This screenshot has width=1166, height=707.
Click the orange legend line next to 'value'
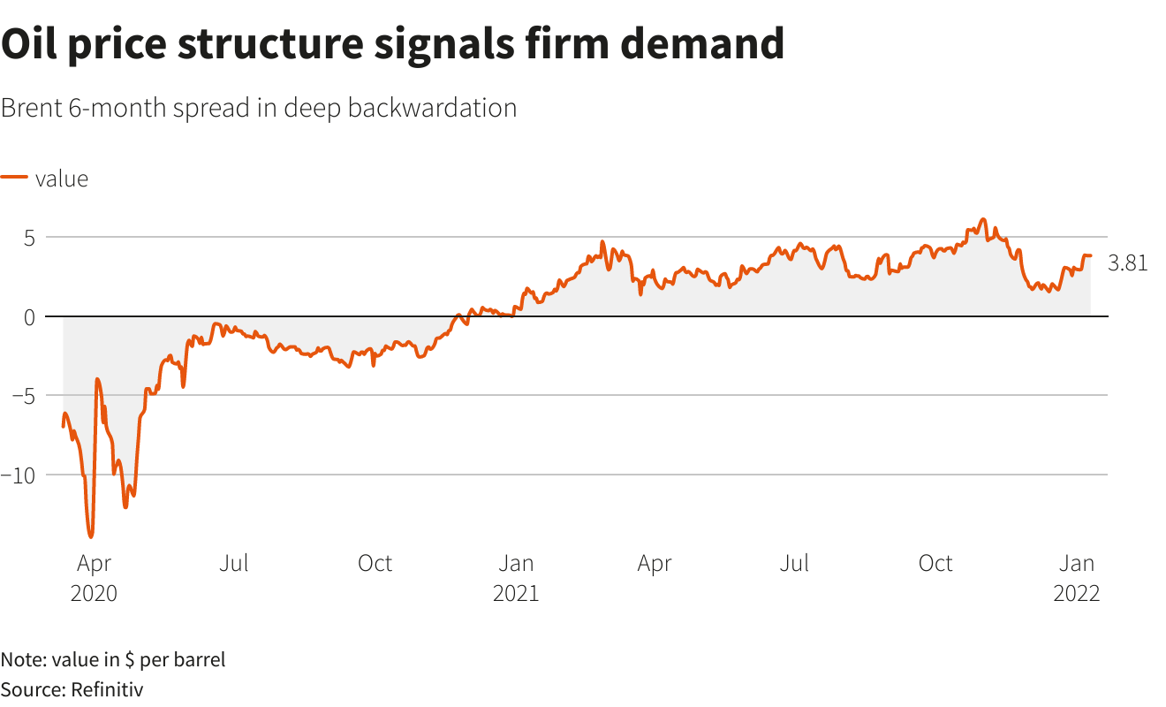14,178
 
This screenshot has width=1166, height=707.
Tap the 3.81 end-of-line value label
1127,262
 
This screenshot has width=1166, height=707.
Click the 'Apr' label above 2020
94,563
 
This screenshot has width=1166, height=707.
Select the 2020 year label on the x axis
94,593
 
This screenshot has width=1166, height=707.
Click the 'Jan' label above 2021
515,563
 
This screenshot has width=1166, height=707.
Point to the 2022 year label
1076,593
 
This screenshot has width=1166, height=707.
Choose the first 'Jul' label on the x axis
234,563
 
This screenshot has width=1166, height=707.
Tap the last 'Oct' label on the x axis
935,563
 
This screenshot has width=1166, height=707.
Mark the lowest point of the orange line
90,536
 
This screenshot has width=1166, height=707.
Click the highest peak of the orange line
982,219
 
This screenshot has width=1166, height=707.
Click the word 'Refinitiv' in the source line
107,688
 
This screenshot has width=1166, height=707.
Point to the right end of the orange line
1090,255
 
